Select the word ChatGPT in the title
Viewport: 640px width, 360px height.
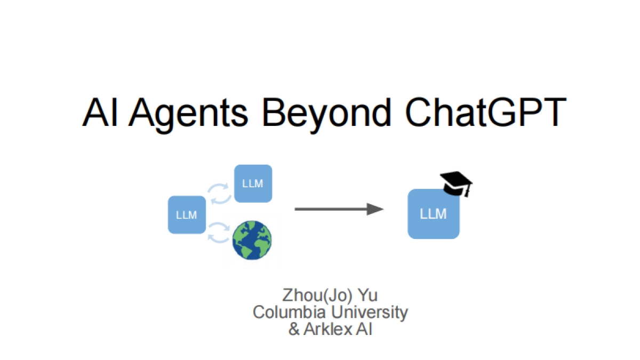[484, 113]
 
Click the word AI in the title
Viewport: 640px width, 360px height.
[101, 113]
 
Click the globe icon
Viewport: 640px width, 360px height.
[252, 241]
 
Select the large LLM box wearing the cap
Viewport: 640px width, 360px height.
[433, 214]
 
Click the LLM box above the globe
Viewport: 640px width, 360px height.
[253, 183]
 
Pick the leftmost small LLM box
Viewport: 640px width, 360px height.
[187, 215]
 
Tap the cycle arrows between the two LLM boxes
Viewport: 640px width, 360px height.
[219, 194]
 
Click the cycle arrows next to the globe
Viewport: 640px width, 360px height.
[219, 233]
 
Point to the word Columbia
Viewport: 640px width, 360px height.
[286, 313]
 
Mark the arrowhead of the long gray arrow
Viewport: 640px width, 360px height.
[376, 209]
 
